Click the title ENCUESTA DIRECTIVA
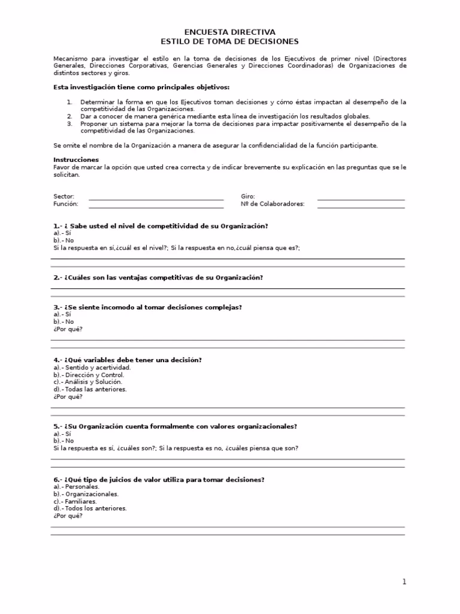coord(230,32)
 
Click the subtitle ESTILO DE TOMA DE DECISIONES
coord(230,41)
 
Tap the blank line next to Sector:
coord(156,198)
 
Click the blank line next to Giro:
coord(361,198)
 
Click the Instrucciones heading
coord(76,160)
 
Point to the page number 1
coord(404,582)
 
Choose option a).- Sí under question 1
coord(62,233)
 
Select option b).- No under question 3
coord(63,321)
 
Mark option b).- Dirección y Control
coord(89,375)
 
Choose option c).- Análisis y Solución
coord(87,382)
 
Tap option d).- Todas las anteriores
coord(90,389)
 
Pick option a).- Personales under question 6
coord(76,487)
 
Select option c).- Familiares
coord(75,501)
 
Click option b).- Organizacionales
coord(86,494)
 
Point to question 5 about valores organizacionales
coord(175,426)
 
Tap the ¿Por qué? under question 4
coord(68,396)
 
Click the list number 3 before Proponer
coord(69,124)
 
